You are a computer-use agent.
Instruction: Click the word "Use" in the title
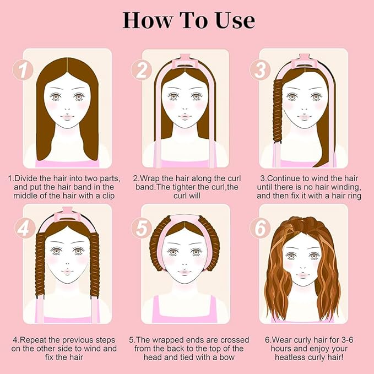[x=235, y=20]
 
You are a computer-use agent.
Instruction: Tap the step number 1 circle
[x=23, y=69]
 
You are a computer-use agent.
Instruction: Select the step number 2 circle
[x=142, y=69]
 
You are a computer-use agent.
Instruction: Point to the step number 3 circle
[x=260, y=69]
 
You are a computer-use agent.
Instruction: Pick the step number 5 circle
[x=142, y=228]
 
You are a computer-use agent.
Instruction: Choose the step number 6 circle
[x=260, y=228]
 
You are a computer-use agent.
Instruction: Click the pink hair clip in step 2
[x=185, y=62]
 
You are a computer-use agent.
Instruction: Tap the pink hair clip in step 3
[x=303, y=62]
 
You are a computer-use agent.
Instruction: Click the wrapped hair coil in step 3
[x=278, y=110]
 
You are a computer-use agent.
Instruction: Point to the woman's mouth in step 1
[x=67, y=117]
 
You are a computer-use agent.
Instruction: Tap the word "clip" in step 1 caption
[x=109, y=196]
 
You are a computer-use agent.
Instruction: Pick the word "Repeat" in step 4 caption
[x=32, y=340]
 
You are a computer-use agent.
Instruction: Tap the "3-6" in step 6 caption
[x=346, y=340]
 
